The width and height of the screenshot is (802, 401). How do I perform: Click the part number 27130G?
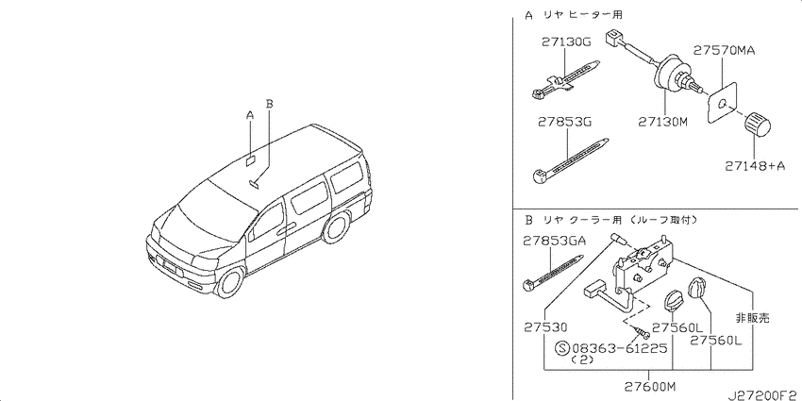coord(566,43)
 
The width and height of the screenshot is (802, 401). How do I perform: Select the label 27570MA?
coord(725,51)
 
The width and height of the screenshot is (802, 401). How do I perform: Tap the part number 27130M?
coord(662,122)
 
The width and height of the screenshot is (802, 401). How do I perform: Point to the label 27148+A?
coord(755,166)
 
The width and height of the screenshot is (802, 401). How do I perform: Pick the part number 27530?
coord(545,327)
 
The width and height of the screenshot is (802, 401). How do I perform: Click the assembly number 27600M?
coord(650,385)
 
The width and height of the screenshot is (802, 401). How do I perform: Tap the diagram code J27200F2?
coord(763,394)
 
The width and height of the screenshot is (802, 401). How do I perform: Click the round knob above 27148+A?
coord(758,125)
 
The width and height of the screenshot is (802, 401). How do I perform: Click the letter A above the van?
coord(250,116)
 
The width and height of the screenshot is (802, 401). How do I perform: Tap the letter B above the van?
coord(270,104)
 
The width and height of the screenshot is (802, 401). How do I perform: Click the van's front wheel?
coord(230,282)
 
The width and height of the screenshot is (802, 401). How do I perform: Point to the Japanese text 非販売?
coord(752,318)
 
